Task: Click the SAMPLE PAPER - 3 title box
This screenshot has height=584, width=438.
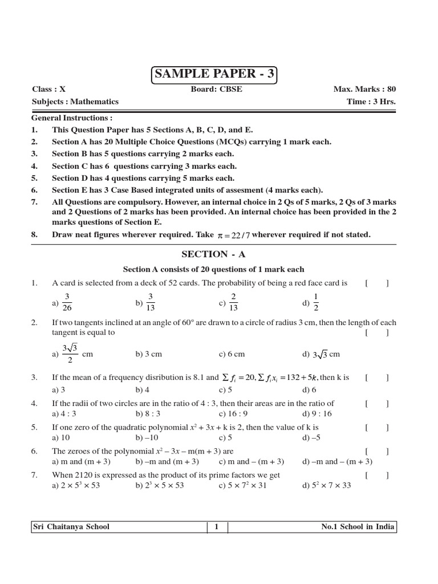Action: (214, 75)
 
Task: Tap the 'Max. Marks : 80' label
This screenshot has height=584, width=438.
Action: (364, 90)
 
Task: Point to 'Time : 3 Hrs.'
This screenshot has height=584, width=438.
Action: (371, 102)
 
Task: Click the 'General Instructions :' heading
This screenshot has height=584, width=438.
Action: (72, 117)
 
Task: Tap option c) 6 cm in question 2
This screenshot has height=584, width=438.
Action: (232, 354)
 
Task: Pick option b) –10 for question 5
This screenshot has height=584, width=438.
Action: (147, 437)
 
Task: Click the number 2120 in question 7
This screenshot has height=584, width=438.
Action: (84, 475)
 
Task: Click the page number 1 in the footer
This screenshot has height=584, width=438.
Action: (217, 527)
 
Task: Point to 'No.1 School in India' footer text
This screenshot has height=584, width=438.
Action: (358, 527)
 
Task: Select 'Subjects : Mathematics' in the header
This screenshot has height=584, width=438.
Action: (75, 102)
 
